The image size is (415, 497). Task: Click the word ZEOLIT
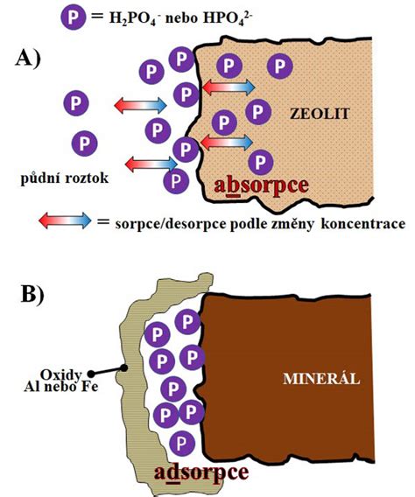click(320, 114)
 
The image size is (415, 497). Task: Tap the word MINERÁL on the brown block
click(321, 379)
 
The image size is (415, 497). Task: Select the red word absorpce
click(261, 186)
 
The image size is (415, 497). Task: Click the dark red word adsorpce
click(201, 473)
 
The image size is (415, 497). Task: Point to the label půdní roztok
click(65, 178)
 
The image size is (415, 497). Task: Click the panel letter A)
click(28, 59)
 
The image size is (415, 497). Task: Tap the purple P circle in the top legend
click(74, 17)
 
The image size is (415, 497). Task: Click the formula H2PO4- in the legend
click(132, 19)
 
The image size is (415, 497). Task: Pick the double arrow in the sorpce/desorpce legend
click(65, 220)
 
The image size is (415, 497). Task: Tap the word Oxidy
click(60, 375)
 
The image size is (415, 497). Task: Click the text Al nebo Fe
click(61, 387)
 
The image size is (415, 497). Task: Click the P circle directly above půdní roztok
click(84, 143)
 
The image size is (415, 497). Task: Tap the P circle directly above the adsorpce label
click(181, 443)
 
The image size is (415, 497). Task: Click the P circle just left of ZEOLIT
click(258, 112)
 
